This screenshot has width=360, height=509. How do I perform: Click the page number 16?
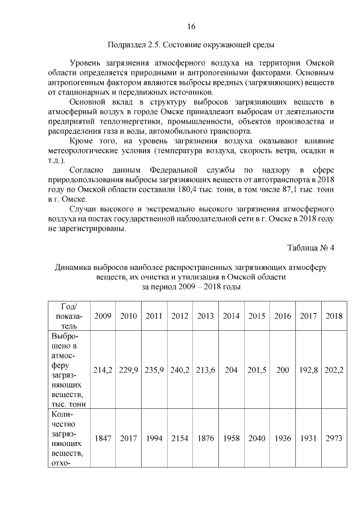click(191, 26)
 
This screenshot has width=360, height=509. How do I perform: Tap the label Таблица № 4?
click(310, 248)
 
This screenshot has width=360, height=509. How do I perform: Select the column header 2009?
click(102, 316)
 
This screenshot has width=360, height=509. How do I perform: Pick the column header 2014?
click(231, 316)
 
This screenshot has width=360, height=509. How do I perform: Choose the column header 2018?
click(334, 316)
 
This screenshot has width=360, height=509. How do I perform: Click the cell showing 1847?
click(102, 438)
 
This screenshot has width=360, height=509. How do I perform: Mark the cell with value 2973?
click(334, 438)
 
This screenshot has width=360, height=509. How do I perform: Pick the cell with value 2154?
click(180, 438)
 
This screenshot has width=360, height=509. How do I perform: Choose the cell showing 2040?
click(257, 438)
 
